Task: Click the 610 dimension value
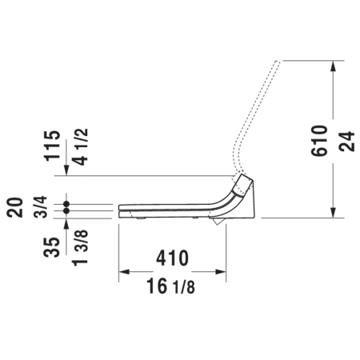(319, 140)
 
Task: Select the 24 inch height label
(347, 142)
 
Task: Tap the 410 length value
(172, 258)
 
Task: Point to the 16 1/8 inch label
(170, 286)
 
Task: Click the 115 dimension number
(52, 146)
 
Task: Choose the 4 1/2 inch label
(80, 147)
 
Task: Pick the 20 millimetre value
(15, 208)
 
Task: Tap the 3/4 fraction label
(41, 207)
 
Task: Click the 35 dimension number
(52, 247)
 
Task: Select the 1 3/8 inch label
(80, 248)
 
